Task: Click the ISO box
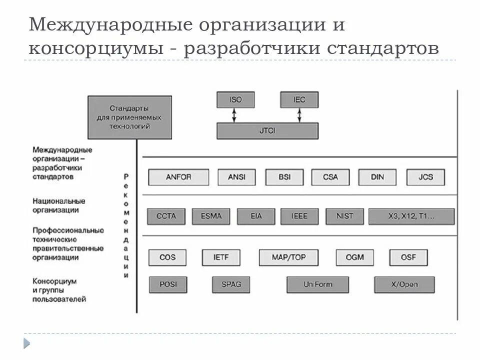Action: pos(235,99)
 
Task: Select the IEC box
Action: pos(299,99)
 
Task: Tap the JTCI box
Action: pos(267,130)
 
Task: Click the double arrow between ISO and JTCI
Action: pos(234,115)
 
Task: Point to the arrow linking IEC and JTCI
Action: pos(299,115)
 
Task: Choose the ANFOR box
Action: pos(177,177)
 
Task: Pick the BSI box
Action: pos(284,177)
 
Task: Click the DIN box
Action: pos(377,177)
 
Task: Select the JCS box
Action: pos(425,177)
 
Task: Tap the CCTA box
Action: pos(166,216)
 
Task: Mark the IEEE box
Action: pos(299,216)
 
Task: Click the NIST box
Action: pos(344,216)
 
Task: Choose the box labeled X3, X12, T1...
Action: pos(411,216)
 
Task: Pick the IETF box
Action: pos(221,257)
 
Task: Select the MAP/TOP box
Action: pos(288,257)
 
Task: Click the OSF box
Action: pos(408,257)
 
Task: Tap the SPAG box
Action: pos(231,284)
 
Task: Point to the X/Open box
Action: pos(404,284)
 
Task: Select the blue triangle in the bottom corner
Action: pos(26,343)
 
